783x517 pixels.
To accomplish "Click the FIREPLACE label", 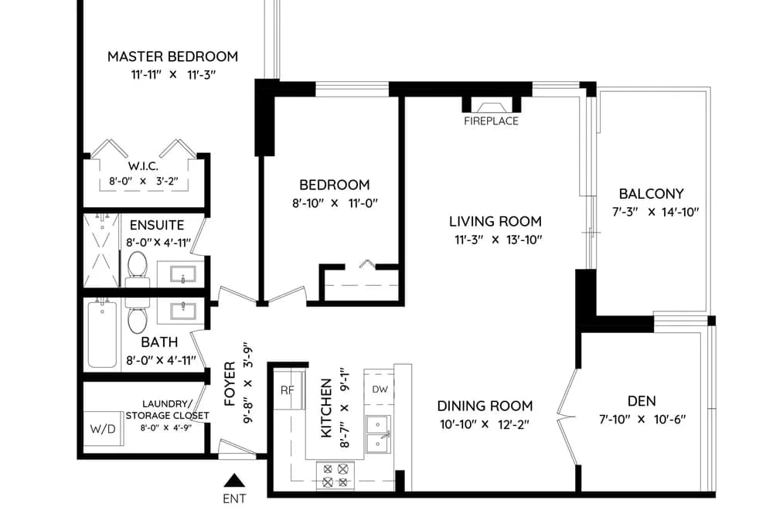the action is (x=491, y=121).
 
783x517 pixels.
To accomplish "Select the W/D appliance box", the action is (x=103, y=428).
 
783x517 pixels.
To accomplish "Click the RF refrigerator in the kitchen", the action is (x=289, y=389).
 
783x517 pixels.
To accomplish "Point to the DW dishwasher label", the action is (x=380, y=389).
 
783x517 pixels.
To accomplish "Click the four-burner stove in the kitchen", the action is (x=335, y=475).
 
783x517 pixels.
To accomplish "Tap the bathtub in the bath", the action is (x=102, y=335).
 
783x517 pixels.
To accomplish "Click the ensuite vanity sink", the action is (x=182, y=274).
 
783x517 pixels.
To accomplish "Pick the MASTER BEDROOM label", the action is (x=173, y=56).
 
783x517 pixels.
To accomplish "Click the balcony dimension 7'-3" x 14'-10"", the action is (x=655, y=212).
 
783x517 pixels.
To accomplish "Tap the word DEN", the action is (x=642, y=401).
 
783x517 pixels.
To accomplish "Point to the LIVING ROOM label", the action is (x=495, y=221).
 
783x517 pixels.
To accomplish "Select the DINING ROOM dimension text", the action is (x=485, y=425).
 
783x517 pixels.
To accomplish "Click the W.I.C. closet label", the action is (x=143, y=166).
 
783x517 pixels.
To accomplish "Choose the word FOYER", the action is (x=230, y=384).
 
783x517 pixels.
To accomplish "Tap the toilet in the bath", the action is (x=137, y=316).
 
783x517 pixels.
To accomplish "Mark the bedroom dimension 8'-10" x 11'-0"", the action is (x=335, y=203).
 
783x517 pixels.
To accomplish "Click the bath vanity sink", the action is (x=182, y=311).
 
